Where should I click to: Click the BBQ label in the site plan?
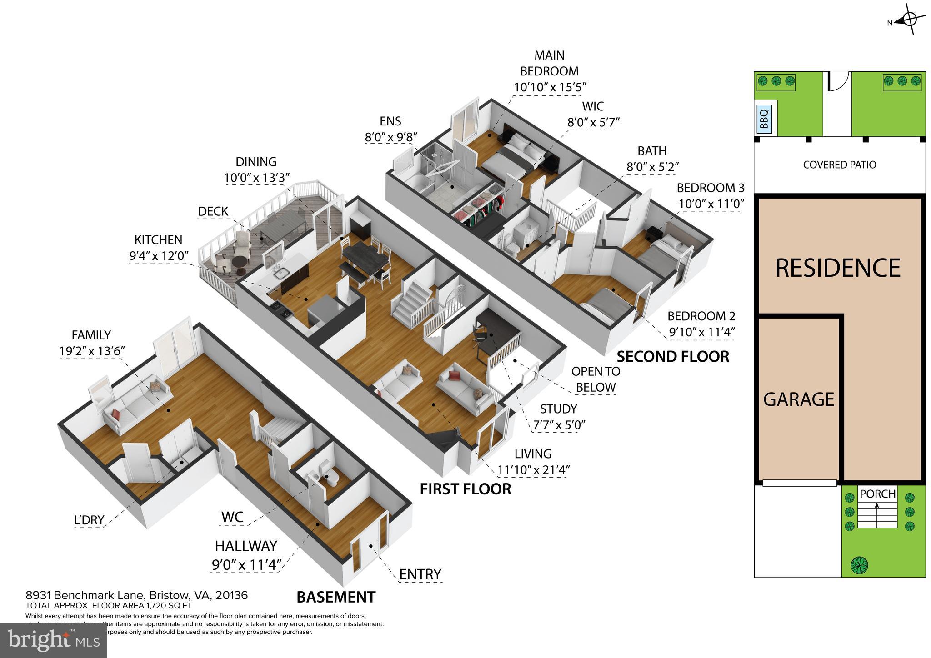764,120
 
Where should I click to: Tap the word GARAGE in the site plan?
798,399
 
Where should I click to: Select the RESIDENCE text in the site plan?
837,268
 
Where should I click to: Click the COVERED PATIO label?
839,165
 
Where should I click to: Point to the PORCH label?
877,493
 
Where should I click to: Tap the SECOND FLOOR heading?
673,357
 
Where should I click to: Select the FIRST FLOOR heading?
465,489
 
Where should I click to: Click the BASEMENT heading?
336,597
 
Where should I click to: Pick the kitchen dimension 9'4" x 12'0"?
159,256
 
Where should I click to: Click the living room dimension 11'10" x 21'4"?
533,469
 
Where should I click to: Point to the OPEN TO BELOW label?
596,379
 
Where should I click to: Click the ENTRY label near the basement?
420,574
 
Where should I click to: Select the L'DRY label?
89,519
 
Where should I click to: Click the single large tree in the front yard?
859,565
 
